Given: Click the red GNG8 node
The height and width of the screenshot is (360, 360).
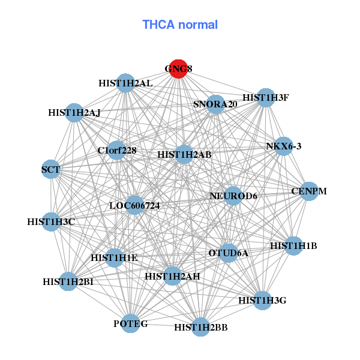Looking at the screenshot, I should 177,68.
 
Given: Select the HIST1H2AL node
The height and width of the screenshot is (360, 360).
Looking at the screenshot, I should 125,83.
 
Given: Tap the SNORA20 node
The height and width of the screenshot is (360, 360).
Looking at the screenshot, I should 215,104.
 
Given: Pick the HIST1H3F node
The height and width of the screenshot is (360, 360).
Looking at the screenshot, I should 265,98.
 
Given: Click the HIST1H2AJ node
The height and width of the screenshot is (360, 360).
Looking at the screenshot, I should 74,112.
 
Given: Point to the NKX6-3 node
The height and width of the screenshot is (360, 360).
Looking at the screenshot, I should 283,146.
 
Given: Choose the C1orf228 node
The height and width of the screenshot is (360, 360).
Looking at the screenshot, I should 117,151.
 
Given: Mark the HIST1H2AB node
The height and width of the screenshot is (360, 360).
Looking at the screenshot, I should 184,154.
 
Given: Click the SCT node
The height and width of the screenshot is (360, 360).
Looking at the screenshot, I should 51,170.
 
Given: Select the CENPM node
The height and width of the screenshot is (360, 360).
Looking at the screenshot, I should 308,191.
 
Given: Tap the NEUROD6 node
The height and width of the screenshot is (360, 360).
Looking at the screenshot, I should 233,196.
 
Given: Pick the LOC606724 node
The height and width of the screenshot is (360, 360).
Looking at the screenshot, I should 134,205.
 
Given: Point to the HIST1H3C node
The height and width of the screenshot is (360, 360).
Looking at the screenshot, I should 51,222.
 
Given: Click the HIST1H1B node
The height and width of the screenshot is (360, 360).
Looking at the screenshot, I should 293,245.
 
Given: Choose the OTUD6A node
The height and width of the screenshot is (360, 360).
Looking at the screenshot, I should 228,253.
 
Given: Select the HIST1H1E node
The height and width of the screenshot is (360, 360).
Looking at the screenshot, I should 115,258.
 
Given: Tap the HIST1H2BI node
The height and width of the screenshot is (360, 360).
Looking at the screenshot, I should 68,281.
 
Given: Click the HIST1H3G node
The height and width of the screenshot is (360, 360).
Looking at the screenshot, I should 262,299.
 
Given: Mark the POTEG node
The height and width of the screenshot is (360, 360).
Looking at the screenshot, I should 131,324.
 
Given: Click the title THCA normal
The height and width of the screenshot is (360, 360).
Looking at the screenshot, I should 180,25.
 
